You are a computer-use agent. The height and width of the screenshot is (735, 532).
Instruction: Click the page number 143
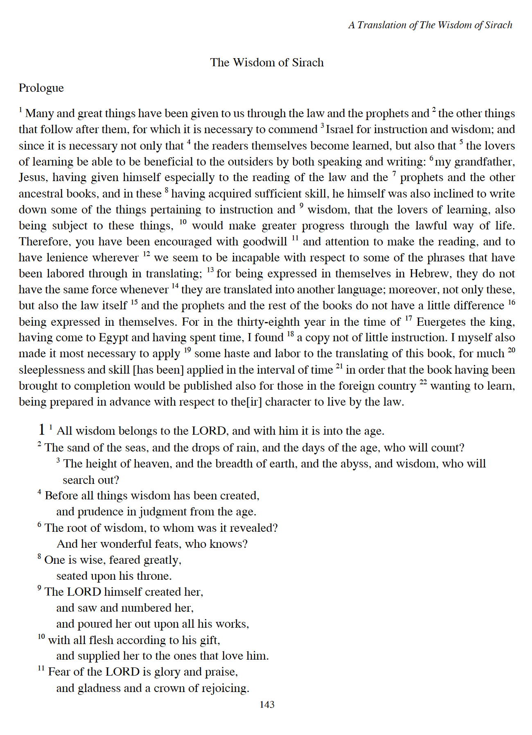coord(267,704)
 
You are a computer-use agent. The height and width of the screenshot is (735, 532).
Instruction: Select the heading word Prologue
coord(41,88)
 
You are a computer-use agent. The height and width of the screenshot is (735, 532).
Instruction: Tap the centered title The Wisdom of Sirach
coord(267,62)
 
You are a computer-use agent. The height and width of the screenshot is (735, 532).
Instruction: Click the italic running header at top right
coord(430,25)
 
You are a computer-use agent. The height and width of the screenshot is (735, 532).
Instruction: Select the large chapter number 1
coord(41,429)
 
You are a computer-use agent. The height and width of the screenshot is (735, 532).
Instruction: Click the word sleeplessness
coord(51,370)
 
